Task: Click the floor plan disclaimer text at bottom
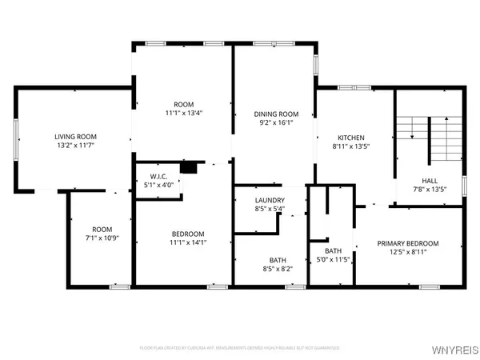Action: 240,348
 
